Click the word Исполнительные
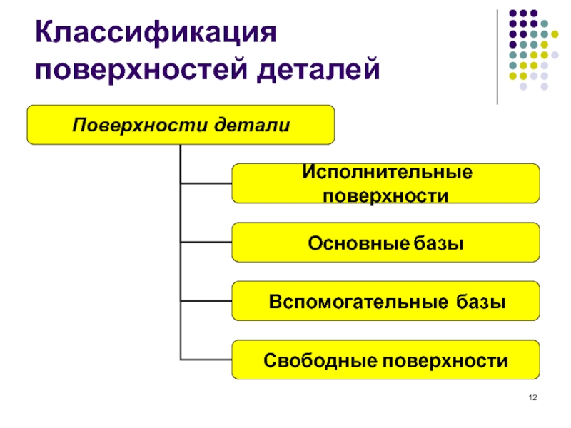386,173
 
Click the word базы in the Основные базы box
438,243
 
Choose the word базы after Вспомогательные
482,302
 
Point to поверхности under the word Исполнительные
386,195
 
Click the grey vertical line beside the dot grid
497,57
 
